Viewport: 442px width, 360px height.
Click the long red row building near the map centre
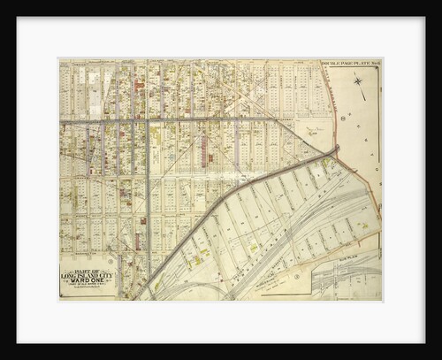206,146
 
